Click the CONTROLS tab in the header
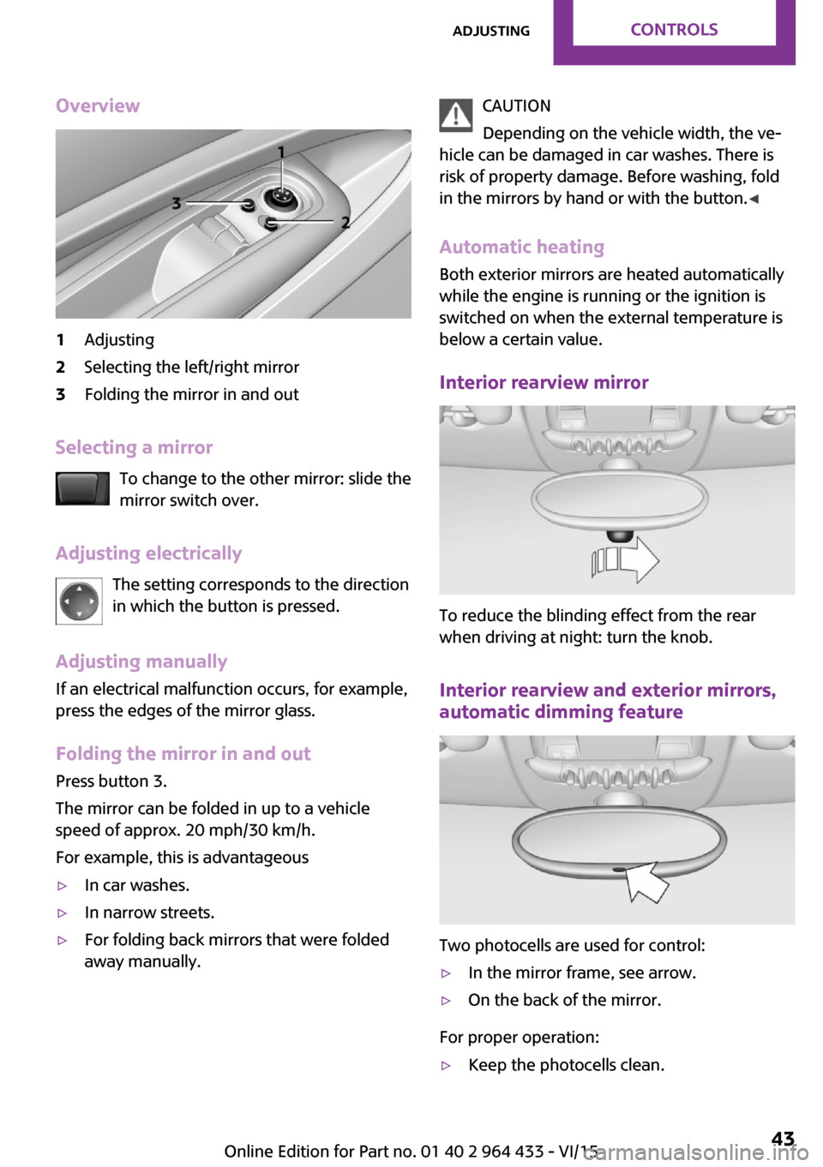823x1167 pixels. tap(674, 30)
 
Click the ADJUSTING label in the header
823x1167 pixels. tap(491, 32)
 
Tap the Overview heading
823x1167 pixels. tap(98, 106)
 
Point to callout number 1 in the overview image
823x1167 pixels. tap(280, 153)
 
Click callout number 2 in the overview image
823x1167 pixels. tap(345, 223)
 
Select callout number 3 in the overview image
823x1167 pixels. tap(176, 203)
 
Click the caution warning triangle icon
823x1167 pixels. tap(456, 116)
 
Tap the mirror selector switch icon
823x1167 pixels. tap(82, 489)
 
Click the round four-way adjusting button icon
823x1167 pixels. tap(79, 601)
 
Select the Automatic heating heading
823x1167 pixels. tap(521, 248)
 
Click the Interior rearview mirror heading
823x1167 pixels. tap(544, 383)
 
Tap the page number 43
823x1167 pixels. tap(783, 1139)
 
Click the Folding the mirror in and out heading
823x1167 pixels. tap(183, 754)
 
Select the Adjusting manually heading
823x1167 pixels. tap(141, 661)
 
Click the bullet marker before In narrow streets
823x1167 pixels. tap(62, 913)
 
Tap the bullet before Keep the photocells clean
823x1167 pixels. tap(446, 1066)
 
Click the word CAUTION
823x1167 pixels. tap(516, 106)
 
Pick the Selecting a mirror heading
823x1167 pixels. tap(134, 447)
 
